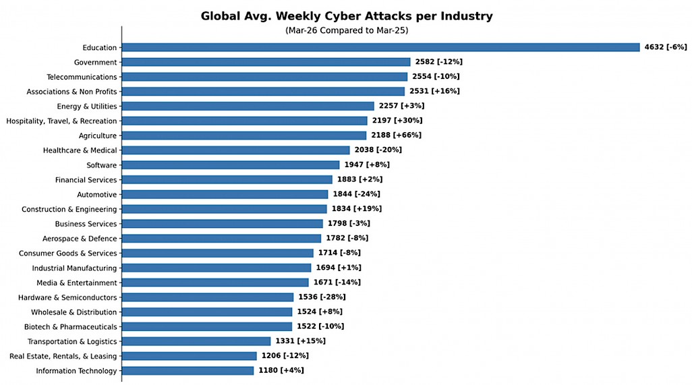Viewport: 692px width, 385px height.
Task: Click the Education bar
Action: click(380, 47)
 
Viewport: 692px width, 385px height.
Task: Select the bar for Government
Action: click(266, 62)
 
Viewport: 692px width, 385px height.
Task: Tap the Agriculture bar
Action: click(243, 136)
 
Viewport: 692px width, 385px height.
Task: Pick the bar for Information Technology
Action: click(188, 371)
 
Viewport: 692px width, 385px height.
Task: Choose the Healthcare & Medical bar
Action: click(235, 150)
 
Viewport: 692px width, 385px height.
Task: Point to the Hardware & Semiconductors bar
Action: click(207, 297)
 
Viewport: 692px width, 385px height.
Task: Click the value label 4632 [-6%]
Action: click(665, 47)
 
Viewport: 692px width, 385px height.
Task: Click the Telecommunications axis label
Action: click(82, 77)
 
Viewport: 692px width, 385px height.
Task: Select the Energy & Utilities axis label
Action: click(87, 107)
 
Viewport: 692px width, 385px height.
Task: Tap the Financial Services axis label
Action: click(86, 180)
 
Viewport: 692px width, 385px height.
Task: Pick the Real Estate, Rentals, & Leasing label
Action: click(63, 356)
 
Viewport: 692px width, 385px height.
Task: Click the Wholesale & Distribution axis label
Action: click(74, 312)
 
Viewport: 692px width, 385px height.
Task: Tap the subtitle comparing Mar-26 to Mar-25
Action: click(346, 31)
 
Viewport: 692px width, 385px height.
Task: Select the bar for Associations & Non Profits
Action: click(263, 92)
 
